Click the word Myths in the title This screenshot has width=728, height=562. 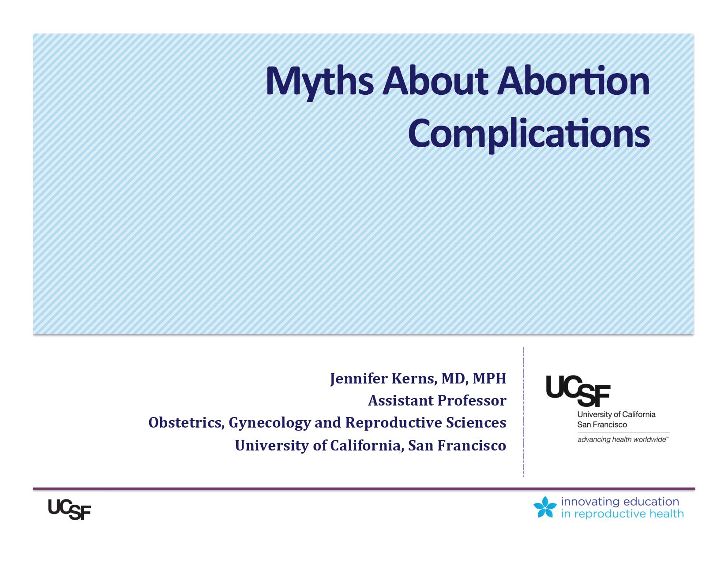pos(319,83)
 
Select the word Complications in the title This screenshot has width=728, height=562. pos(529,135)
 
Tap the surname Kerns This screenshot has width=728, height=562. pos(414,379)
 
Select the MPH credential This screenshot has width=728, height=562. pos(489,378)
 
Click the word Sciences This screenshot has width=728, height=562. pos(476,423)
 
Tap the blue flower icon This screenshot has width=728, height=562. pos(545,507)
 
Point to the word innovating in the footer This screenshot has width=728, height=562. pos(590,502)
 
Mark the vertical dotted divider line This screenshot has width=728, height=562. pos(523,412)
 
